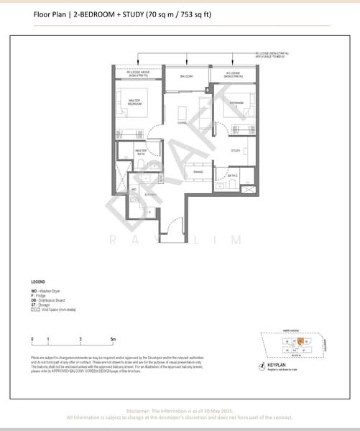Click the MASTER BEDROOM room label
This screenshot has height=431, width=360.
134,101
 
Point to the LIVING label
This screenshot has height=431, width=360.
183,124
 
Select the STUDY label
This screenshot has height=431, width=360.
234,150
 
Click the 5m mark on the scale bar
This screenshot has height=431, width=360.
113,338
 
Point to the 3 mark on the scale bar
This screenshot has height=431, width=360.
81,338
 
